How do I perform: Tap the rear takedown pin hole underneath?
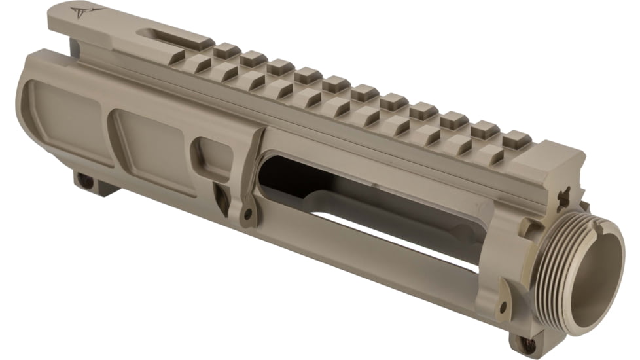click(84, 177)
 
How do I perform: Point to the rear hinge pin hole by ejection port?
click(249, 213)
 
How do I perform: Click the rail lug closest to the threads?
click(515, 139)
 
